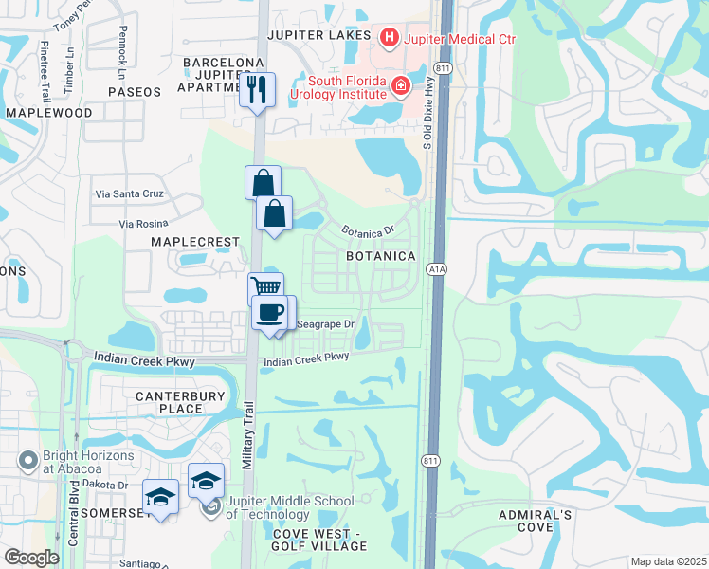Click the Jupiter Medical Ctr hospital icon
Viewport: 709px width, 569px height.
coord(389,39)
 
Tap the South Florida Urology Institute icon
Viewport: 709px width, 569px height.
coord(401,86)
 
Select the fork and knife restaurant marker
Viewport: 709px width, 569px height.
coord(258,90)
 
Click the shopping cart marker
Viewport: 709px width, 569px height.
coord(266,287)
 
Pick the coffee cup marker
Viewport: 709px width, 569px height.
coord(270,313)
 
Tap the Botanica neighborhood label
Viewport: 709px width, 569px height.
coord(380,257)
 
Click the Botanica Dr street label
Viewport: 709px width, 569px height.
coord(368,231)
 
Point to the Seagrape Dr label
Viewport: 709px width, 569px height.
coord(325,324)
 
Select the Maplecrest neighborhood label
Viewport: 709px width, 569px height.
coord(195,242)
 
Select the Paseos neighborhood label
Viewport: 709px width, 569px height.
coord(135,92)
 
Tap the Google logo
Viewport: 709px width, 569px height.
coord(31,558)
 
